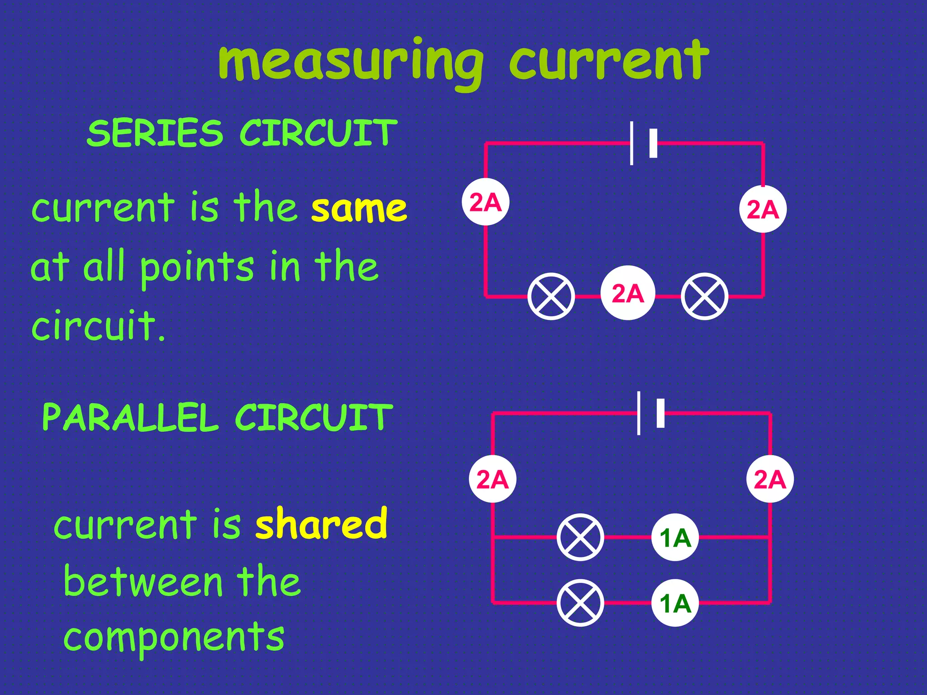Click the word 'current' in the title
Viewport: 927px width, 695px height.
[x=609, y=61]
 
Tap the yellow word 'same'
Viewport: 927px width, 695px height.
[x=359, y=209]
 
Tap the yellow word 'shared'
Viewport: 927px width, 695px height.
[x=321, y=524]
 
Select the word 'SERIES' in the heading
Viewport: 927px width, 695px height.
[x=155, y=133]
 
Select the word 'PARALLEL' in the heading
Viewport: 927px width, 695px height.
[x=130, y=417]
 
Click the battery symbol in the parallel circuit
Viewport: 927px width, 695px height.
[x=650, y=413]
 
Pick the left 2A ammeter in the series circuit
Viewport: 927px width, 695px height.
[x=485, y=202]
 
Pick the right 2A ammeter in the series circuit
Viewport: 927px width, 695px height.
[x=763, y=209]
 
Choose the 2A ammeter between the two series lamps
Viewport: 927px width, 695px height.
[x=628, y=293]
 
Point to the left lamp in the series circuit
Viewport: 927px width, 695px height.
[x=551, y=296]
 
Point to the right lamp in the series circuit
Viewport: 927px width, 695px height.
[x=704, y=296]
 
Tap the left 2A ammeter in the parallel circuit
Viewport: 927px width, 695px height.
[x=492, y=479]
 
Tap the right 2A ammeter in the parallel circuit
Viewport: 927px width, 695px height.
[x=770, y=479]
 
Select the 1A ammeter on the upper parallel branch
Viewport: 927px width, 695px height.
[x=675, y=538]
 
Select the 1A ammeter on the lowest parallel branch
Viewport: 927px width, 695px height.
[x=675, y=603]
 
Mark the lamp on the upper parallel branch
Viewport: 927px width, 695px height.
[x=580, y=538]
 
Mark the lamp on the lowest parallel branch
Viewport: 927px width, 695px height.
[x=580, y=603]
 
